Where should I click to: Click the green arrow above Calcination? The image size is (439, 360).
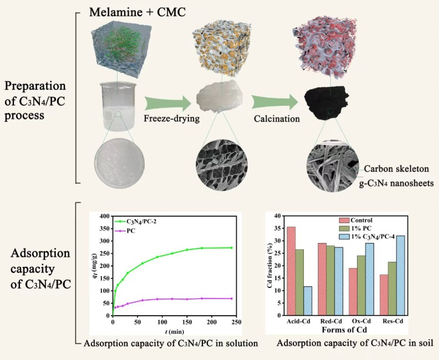tap(274, 102)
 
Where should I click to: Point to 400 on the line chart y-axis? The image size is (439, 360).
tap(104, 216)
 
